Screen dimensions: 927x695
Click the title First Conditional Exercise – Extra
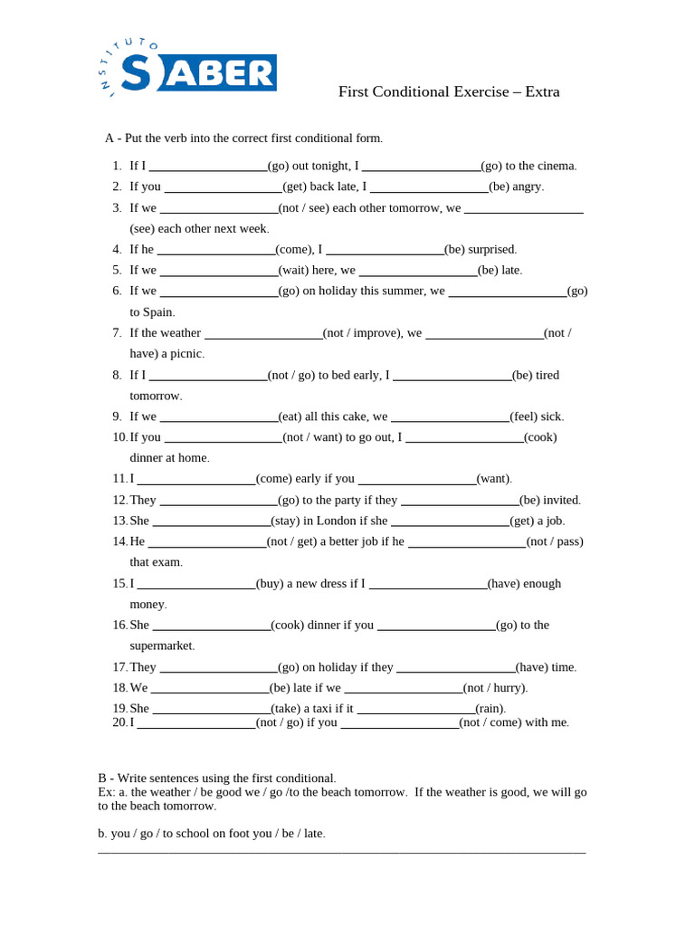point(449,91)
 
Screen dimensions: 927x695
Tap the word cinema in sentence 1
point(556,166)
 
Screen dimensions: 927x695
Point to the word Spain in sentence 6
point(158,312)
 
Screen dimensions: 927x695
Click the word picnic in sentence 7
point(186,354)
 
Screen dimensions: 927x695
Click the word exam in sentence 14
point(168,562)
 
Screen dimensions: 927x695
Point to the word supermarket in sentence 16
point(161,645)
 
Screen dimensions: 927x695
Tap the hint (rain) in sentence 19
point(490,708)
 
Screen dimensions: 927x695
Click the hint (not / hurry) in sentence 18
point(495,688)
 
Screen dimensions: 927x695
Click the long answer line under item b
point(341,852)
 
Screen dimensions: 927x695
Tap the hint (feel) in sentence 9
point(526,416)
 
